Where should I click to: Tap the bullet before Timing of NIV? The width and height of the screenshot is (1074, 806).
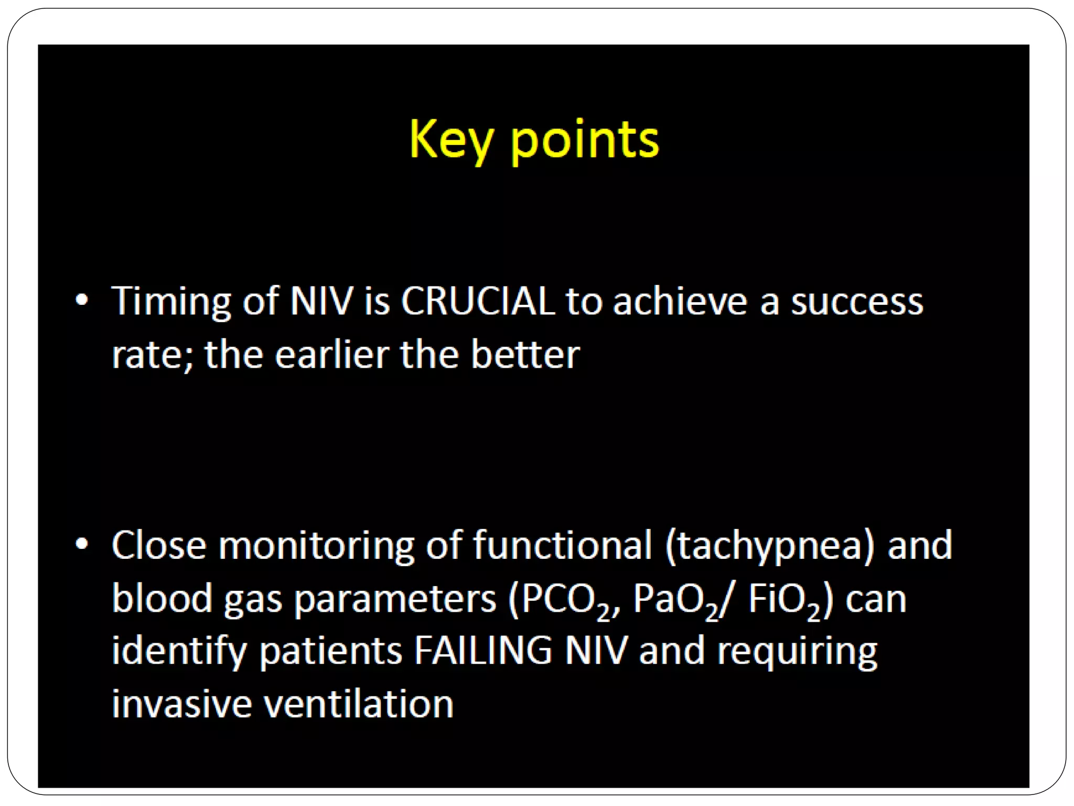(x=82, y=300)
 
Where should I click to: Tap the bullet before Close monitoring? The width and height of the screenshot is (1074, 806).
(x=82, y=544)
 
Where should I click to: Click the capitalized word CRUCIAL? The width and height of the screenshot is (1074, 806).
(x=478, y=301)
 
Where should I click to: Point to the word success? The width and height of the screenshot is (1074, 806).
(x=856, y=302)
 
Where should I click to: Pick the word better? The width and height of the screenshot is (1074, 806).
(x=525, y=355)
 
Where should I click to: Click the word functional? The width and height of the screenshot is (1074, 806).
(x=562, y=545)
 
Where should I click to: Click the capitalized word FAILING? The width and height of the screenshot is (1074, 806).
(x=483, y=651)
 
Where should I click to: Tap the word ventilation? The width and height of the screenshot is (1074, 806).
(x=358, y=704)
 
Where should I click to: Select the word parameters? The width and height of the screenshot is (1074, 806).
(x=394, y=600)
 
